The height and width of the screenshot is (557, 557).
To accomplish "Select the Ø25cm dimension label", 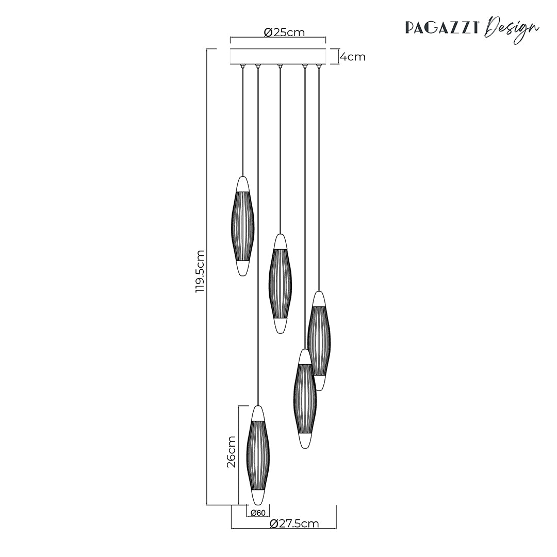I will (x=284, y=32).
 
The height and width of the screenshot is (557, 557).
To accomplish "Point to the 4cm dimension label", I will (x=353, y=57).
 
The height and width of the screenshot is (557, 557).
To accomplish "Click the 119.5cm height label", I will (x=200, y=271).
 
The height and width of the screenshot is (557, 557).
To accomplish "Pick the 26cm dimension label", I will (x=231, y=452).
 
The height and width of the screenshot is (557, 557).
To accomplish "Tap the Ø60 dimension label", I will (x=257, y=513).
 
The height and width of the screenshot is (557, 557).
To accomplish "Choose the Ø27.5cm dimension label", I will (x=294, y=524).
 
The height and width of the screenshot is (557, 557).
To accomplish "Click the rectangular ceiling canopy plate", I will (x=278, y=56).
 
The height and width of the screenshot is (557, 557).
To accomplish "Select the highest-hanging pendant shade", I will (x=242, y=226).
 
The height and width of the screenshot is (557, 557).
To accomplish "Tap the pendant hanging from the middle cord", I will (x=280, y=284).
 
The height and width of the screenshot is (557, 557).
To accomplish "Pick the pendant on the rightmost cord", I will (x=319, y=340).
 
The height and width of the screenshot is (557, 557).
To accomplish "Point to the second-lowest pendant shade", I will (x=305, y=398).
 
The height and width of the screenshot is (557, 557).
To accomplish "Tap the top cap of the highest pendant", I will (x=242, y=184).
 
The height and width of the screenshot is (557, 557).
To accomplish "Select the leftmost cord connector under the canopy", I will (x=242, y=65).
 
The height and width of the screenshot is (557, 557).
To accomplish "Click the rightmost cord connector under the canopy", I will (x=319, y=65).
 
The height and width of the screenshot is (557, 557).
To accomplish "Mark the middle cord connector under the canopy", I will (x=280, y=65).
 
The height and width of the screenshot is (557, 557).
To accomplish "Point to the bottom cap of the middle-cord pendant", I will (x=280, y=325).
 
